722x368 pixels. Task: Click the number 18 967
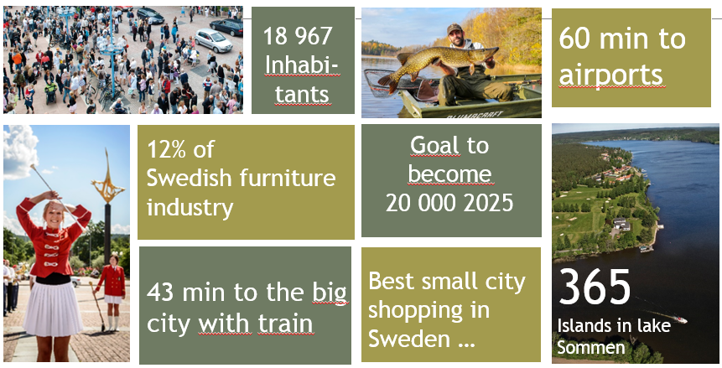click(298, 36)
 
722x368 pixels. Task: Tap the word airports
click(610, 75)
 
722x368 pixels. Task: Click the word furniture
click(286, 178)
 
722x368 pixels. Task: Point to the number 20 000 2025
click(449, 203)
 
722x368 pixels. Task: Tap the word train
click(285, 324)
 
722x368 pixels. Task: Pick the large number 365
click(595, 287)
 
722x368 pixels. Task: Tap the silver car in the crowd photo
click(213, 40)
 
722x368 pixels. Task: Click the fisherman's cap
click(454, 29)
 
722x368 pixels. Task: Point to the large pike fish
click(438, 65)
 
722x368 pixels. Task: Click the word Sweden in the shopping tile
click(409, 339)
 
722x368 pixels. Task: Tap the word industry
click(190, 208)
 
